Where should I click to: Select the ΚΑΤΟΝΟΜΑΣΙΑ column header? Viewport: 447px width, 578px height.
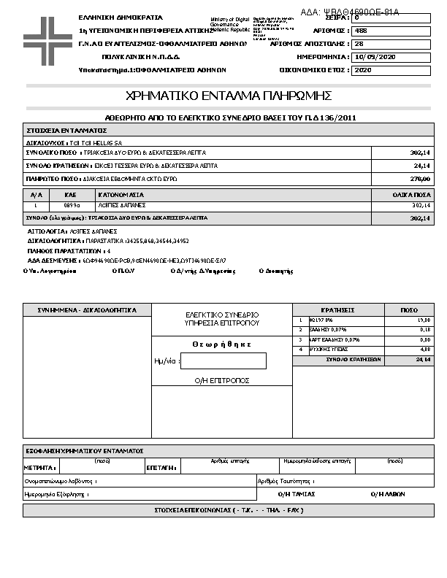[121, 196]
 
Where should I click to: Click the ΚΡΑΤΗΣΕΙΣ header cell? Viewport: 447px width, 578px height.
[337, 310]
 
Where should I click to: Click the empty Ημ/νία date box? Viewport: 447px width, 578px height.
[223, 361]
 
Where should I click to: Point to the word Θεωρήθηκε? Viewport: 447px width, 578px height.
[222, 344]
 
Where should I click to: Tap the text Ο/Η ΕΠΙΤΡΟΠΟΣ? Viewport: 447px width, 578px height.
[222, 380]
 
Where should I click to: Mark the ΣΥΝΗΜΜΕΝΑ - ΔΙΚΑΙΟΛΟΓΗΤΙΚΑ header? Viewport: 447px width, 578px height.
[87, 310]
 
